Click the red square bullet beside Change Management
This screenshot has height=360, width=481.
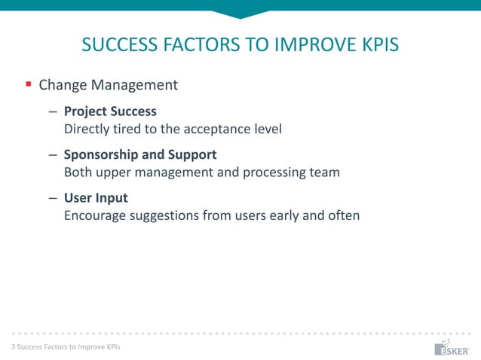[x=28, y=84]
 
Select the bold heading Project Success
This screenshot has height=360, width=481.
[x=110, y=111]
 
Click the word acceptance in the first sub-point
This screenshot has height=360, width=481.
[x=219, y=129]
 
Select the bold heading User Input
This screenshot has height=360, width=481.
[x=96, y=198]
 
